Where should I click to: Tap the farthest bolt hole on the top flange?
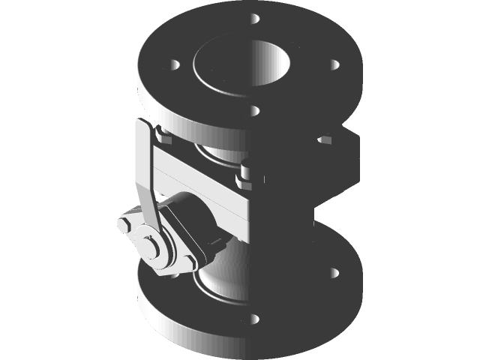[x=256, y=16]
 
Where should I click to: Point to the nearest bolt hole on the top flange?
[x=256, y=111]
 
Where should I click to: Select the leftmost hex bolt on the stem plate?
[x=125, y=225]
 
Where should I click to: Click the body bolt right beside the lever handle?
[x=164, y=136]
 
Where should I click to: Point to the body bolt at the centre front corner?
[x=244, y=178]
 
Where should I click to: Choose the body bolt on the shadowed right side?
[x=325, y=139]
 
